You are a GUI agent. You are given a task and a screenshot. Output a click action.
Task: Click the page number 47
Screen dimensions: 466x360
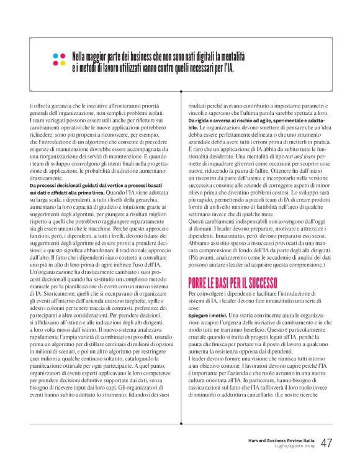(x=326, y=442)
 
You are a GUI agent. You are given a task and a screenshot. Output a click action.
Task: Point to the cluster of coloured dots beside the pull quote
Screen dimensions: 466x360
(x=60, y=59)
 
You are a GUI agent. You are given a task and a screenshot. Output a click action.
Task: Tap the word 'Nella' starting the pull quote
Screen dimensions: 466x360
(x=83, y=54)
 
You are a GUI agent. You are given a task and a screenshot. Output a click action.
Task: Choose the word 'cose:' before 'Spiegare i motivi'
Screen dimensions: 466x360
(x=194, y=308)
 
